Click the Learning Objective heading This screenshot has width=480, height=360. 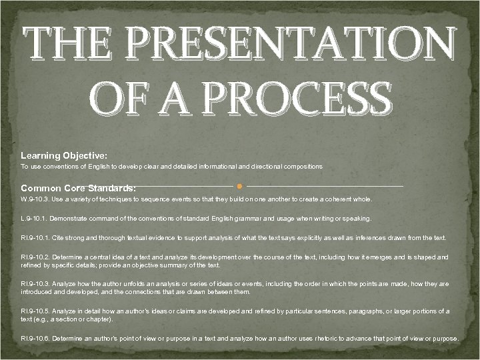pos(64,155)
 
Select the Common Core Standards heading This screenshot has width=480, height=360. pos(78,188)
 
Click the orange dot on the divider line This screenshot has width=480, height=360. pos(239,186)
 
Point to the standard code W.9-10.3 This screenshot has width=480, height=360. pos(35,199)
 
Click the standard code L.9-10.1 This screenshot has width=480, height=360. pos(34,219)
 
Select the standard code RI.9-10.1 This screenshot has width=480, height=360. pos(36,238)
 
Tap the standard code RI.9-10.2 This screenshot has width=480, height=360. pos(36,257)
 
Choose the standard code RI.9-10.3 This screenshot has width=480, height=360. pos(36,284)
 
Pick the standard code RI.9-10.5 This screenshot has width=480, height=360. pos(36,311)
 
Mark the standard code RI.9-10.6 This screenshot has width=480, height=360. pos(36,339)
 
